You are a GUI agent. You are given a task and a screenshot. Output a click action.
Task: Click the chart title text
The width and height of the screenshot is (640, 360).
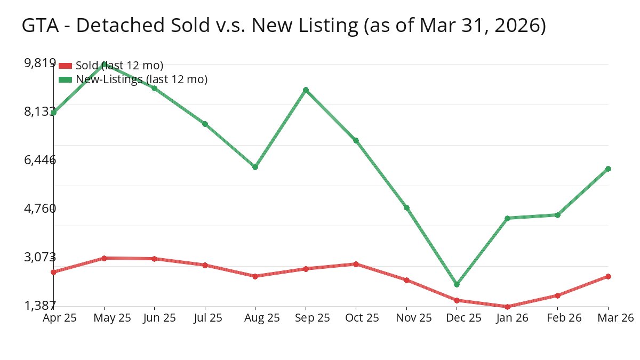(x=284, y=26)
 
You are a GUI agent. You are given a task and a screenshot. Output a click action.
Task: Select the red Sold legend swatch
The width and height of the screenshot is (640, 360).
(x=65, y=66)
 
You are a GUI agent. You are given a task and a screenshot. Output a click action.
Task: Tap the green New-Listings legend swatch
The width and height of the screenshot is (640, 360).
(x=65, y=79)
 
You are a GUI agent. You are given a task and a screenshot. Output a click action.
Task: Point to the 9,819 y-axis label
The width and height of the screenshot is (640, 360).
(x=40, y=63)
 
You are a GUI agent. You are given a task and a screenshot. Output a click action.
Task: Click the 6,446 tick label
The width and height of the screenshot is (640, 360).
(x=40, y=160)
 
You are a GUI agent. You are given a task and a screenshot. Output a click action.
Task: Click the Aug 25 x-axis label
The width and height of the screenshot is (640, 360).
(x=255, y=318)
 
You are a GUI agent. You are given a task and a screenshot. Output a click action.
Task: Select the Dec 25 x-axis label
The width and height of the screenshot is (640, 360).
(x=457, y=318)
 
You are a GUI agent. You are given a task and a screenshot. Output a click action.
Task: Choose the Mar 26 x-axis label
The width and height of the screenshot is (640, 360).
(x=614, y=318)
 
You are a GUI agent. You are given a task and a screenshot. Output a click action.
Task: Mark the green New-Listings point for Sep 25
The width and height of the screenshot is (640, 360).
(x=306, y=90)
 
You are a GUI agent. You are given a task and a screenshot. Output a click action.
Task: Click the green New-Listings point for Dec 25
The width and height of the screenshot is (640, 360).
(x=457, y=284)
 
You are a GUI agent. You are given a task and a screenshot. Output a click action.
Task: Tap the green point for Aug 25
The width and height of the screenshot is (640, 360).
(x=255, y=167)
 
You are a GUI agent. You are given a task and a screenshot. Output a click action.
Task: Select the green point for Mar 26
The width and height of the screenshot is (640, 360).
(x=608, y=169)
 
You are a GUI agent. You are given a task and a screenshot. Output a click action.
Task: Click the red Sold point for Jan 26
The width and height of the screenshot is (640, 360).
(x=507, y=307)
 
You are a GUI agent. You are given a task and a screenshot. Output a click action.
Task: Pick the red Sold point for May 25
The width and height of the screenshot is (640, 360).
(x=104, y=258)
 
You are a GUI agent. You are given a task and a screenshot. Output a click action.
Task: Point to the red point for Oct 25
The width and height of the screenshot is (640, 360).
(x=356, y=264)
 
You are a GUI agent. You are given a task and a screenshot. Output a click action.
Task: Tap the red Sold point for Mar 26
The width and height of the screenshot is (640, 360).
(x=608, y=276)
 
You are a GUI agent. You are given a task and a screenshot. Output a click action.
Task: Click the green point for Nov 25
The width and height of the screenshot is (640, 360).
(x=406, y=207)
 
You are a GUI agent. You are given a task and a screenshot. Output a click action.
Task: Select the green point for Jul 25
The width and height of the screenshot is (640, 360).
(x=205, y=124)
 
